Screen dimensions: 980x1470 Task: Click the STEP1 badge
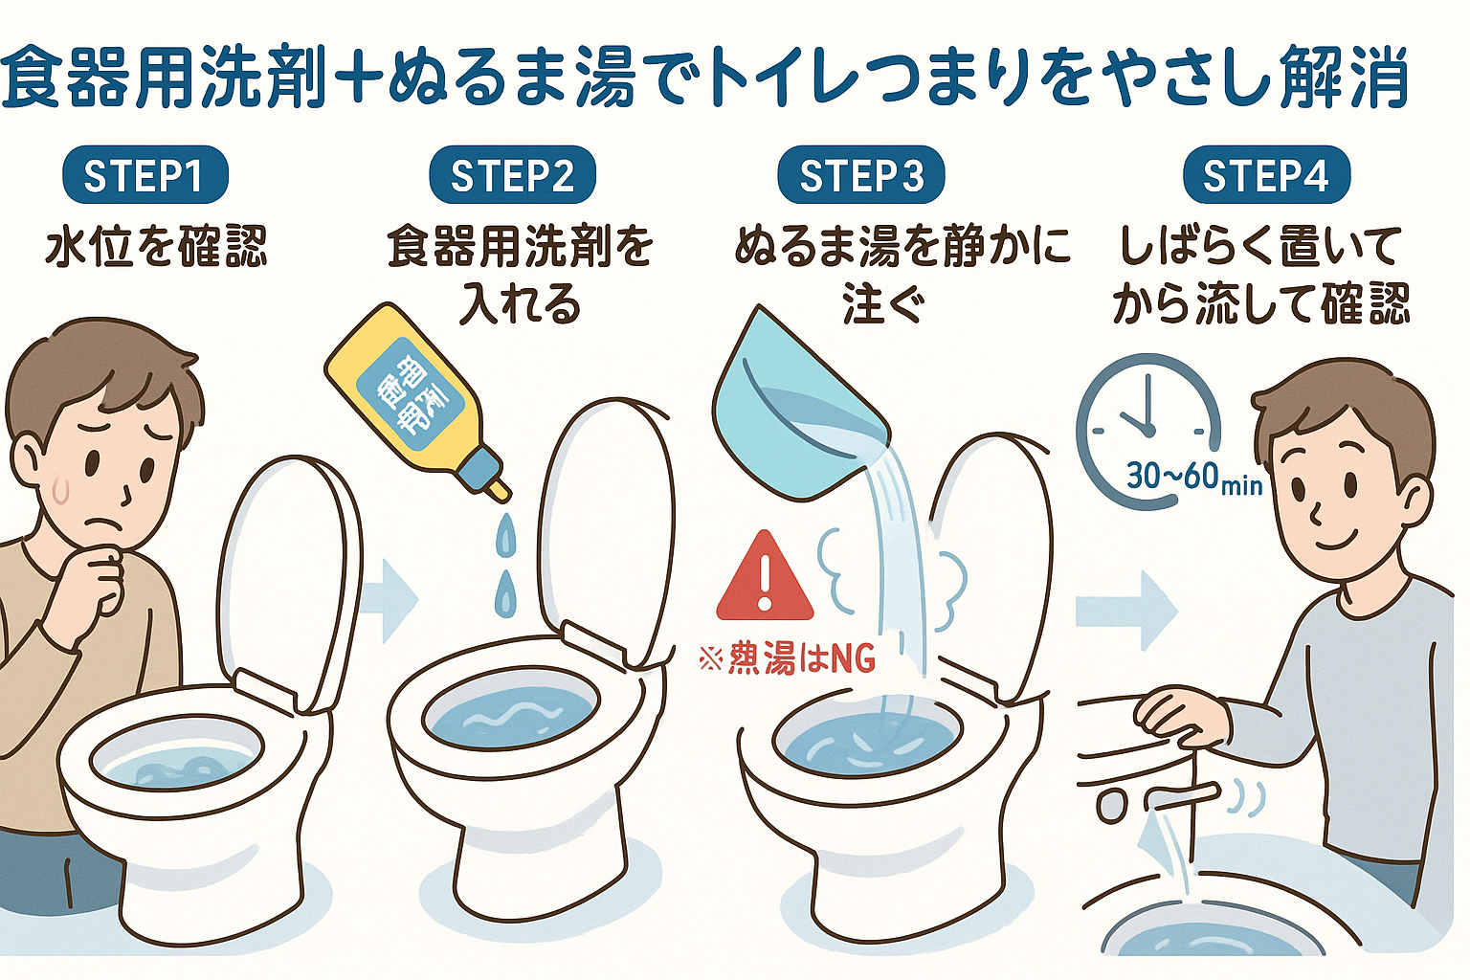pyautogui.click(x=145, y=176)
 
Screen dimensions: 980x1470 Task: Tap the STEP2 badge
pyautogui.click(x=512, y=176)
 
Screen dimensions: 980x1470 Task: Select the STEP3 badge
pyautogui.click(x=860, y=176)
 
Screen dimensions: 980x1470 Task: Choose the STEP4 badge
pyautogui.click(x=1265, y=176)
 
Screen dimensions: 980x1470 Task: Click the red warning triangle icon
pyautogui.click(x=764, y=578)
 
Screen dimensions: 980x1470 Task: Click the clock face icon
pyautogui.click(x=1145, y=421)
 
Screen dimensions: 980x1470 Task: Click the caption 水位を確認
pyautogui.click(x=156, y=246)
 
